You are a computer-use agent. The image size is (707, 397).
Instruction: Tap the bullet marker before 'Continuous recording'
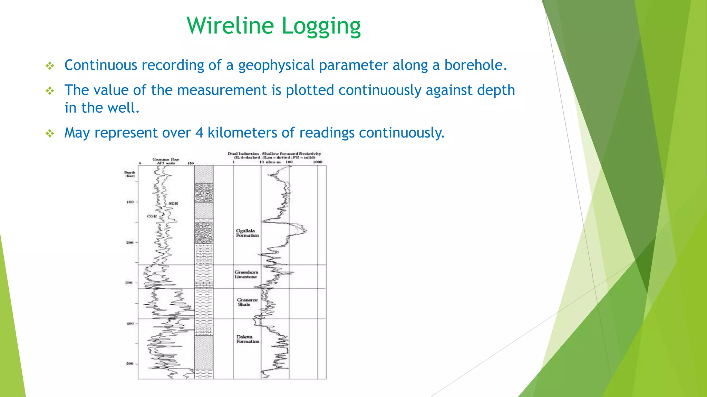point(50,66)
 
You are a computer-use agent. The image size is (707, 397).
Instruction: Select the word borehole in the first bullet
point(475,65)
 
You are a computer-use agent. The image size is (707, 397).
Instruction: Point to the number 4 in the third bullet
point(199,133)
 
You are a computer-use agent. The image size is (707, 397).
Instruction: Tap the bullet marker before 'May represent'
point(50,133)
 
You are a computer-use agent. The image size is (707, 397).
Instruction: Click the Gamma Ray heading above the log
point(166,160)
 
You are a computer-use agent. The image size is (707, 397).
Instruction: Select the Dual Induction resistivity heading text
point(274,154)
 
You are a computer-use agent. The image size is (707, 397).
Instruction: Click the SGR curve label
point(173,203)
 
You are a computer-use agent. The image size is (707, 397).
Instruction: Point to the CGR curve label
point(152,216)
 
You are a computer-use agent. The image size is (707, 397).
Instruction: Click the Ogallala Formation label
point(247,233)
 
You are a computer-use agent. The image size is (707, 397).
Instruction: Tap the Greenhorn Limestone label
point(246,274)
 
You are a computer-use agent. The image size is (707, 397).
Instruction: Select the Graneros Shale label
point(247,302)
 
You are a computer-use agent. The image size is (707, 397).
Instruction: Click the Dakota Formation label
point(247,339)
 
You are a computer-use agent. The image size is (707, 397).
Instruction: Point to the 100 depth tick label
point(130,202)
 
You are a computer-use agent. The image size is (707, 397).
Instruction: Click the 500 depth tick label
point(129,364)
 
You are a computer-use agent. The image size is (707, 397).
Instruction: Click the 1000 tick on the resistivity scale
point(317,162)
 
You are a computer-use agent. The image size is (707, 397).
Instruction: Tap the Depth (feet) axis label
point(130,174)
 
